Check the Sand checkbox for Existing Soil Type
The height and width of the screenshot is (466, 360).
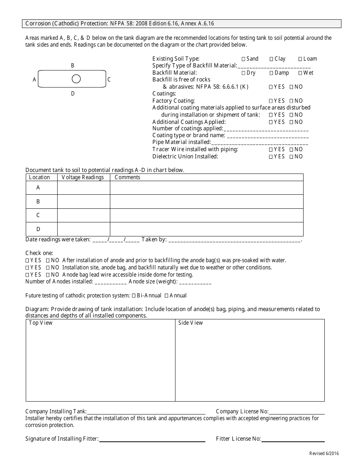(243, 59)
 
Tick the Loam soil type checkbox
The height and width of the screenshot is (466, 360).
(300, 59)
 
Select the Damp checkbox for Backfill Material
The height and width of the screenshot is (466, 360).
(271, 73)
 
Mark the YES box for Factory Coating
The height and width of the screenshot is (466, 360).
(271, 101)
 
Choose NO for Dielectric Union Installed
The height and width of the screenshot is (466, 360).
(291, 157)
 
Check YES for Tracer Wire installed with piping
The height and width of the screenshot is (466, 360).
(271, 150)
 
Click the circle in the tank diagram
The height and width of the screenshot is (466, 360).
(76, 79)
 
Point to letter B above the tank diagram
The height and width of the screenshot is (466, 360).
(73, 66)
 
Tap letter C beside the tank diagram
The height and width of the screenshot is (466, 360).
(109, 80)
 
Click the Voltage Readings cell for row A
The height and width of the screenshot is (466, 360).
(83, 188)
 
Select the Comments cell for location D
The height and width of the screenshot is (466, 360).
(207, 229)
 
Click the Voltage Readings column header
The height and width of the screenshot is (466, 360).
(83, 177)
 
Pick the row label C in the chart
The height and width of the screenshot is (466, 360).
(38, 215)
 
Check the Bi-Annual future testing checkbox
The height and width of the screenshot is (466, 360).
(134, 296)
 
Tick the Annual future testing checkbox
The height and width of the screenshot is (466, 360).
(166, 296)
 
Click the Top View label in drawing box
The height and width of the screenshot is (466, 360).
(41, 323)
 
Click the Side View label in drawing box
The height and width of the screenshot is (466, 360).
(191, 323)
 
